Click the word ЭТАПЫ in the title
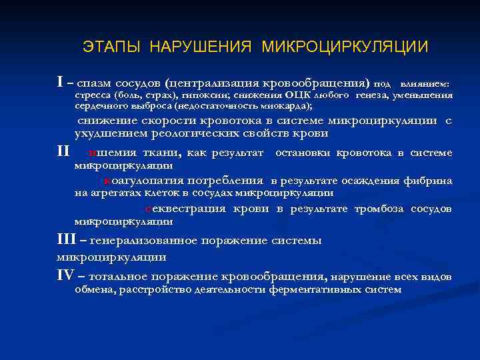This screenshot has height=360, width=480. click(x=113, y=47)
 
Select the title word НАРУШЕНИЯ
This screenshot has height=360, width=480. click(x=201, y=47)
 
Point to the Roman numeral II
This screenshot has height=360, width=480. click(x=63, y=153)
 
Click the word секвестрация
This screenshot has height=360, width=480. click(x=186, y=209)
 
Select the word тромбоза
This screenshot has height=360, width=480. click(x=379, y=209)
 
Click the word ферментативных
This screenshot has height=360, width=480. click(x=319, y=290)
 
